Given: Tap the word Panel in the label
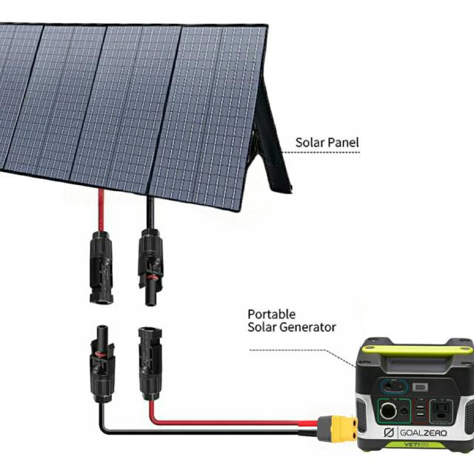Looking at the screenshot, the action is pos(344,142).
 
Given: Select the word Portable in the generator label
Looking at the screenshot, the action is pos(272,314).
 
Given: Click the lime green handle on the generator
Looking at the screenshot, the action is pos(417,350).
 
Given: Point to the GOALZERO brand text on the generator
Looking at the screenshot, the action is pos(423,433).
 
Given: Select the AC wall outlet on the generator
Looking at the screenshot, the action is pos(441,411).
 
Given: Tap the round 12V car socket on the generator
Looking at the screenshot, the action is pos(388,411).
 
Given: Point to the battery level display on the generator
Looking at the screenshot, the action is pos(420,387).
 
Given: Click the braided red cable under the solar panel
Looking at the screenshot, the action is pos(101,210).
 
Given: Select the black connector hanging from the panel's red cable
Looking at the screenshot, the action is pos(101,267).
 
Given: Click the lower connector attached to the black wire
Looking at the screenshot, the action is pos(102,364).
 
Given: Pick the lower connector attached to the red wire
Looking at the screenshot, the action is pos(150,364).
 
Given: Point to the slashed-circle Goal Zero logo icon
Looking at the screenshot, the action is pos(389,433).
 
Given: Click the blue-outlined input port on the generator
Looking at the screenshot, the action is pos(394,387).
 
